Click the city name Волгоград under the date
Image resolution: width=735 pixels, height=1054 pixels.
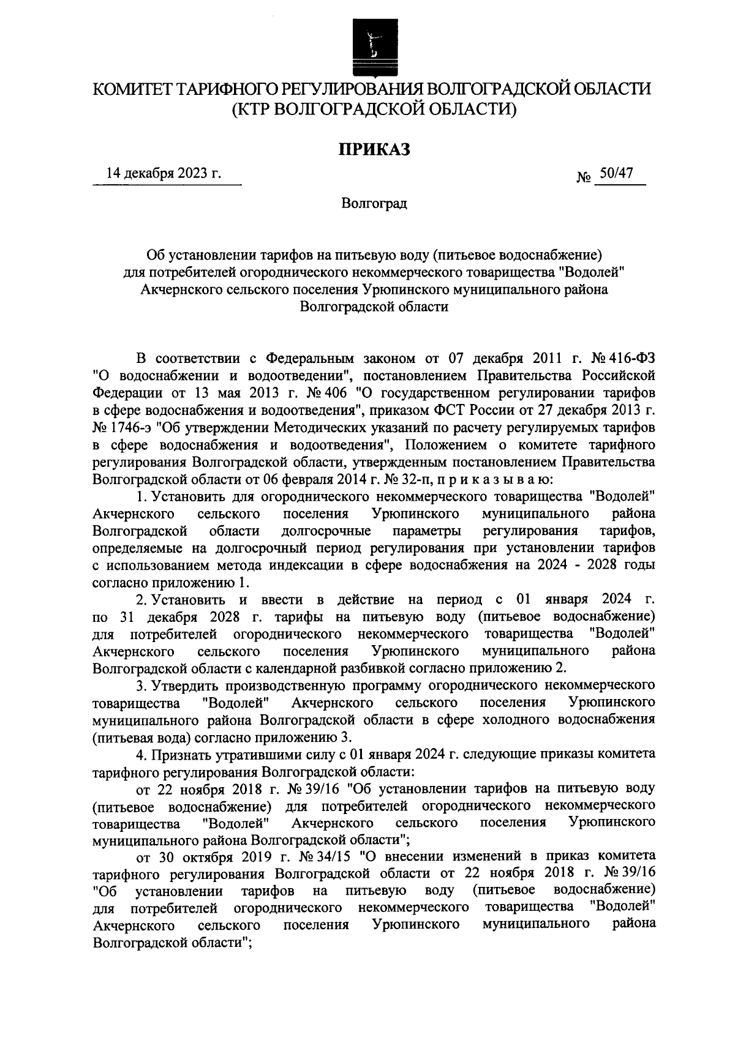[374, 203]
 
